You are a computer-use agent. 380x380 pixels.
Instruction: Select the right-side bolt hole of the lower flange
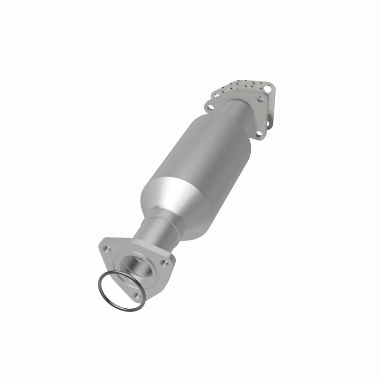164,263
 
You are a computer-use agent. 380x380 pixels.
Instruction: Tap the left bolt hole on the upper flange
210,104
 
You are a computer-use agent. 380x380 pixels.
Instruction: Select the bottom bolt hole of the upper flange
259,134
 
